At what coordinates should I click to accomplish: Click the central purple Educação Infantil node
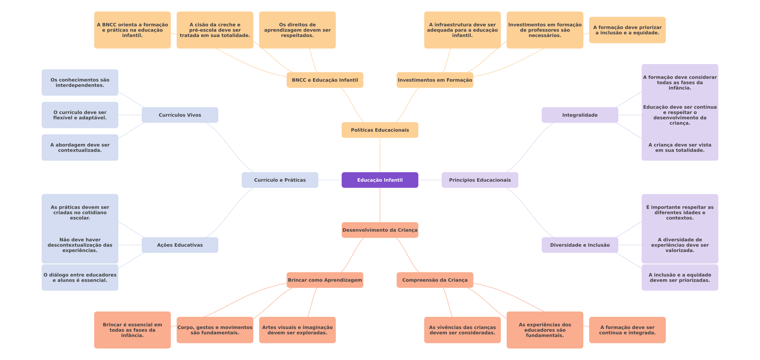[380, 180]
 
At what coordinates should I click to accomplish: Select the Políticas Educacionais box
[380, 130]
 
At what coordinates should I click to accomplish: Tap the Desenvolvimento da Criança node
[380, 230]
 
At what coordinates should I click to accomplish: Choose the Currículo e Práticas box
[280, 180]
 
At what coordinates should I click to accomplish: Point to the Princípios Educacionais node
[480, 180]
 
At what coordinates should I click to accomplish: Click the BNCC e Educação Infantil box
[325, 80]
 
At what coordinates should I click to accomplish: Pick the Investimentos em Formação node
[435, 80]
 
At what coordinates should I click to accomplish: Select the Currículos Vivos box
[180, 115]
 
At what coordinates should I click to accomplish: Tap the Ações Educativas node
[180, 245]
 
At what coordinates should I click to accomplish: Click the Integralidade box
[580, 115]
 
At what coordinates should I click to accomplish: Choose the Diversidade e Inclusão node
[580, 245]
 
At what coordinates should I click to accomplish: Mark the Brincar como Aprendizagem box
[325, 280]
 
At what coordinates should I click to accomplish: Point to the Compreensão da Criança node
[435, 280]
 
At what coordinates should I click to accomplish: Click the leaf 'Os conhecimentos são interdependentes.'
[80, 82]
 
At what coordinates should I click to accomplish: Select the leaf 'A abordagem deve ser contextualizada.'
[80, 147]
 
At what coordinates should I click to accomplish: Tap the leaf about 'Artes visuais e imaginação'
[297, 330]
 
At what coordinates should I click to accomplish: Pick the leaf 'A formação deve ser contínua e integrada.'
[627, 330]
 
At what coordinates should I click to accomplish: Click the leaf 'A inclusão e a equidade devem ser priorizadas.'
[680, 277]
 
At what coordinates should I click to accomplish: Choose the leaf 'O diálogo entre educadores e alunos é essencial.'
[80, 277]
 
